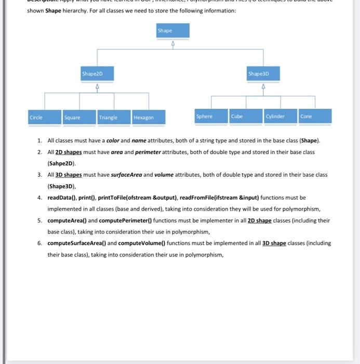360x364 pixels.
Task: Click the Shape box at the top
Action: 173,32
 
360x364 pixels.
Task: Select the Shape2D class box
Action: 97,75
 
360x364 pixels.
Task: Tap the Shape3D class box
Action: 263,74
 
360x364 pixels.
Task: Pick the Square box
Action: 79,118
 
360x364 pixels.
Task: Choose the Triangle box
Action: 114,118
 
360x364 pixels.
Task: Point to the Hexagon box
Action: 149,118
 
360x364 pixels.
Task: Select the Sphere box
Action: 211,116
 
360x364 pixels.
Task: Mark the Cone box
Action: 315,116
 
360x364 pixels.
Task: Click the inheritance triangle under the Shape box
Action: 173,43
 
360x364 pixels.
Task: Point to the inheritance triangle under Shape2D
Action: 97,87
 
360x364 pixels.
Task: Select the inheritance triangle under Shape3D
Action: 263,86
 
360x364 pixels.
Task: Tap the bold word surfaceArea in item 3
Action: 126,175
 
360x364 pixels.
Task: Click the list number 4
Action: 39,198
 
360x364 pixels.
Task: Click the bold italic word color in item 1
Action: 113,141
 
